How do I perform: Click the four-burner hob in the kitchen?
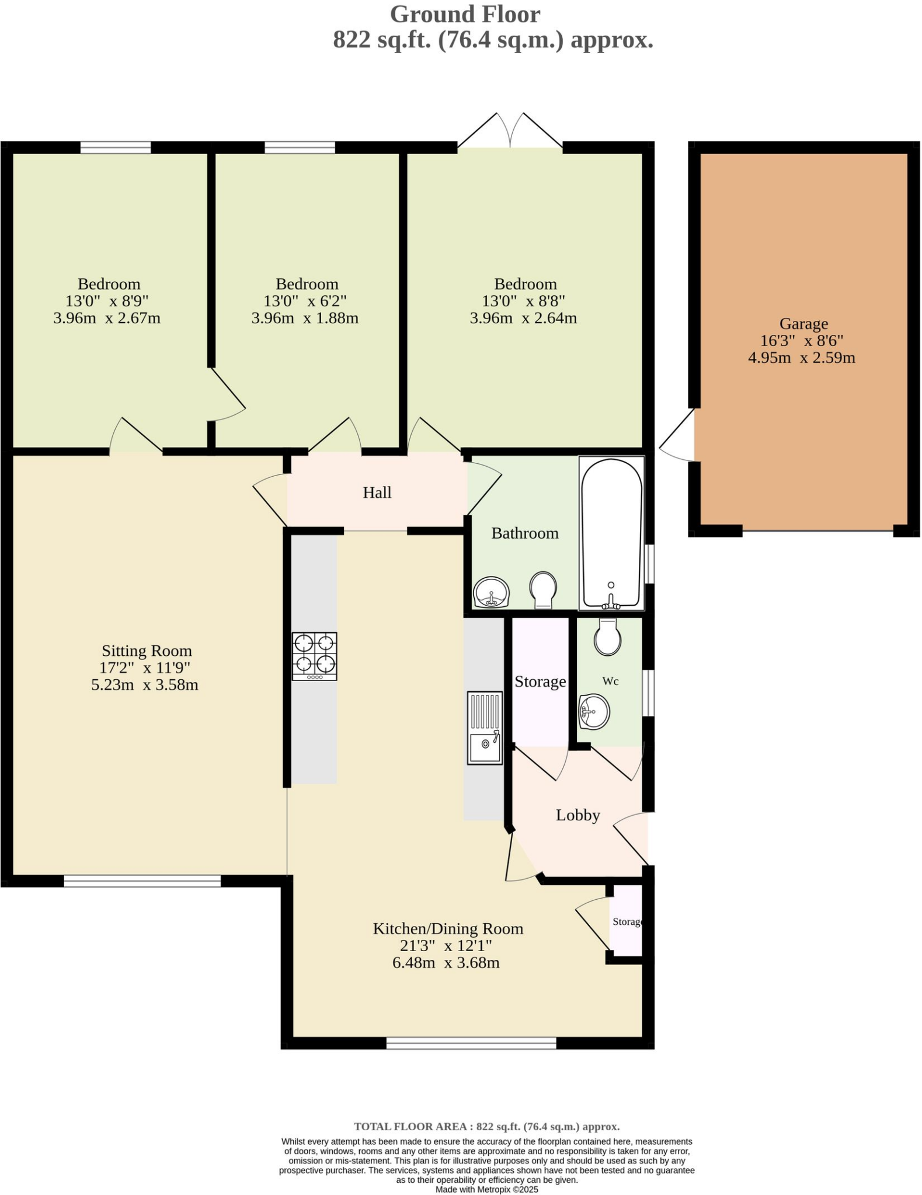pos(314,656)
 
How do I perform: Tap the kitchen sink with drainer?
pos(484,728)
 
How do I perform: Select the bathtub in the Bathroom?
pos(611,533)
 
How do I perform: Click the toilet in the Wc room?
pos(607,637)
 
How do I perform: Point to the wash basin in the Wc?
pos(594,712)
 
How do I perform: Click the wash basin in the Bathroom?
pos(491,592)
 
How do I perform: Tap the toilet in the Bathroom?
pos(542,589)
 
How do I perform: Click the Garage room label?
pos(803,323)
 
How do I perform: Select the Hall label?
pos(377,492)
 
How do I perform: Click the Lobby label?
pos(577,815)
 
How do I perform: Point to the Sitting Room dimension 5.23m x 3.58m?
pos(145,684)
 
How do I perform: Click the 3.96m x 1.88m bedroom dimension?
pos(305,318)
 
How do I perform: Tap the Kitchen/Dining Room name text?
pos(447,928)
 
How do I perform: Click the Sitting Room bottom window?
pos(142,880)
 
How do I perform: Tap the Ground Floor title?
pos(465,14)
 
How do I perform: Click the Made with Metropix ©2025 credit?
pos(486,1189)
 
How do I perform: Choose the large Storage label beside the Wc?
pos(540,682)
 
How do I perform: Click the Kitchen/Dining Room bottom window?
pos(471,1043)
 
